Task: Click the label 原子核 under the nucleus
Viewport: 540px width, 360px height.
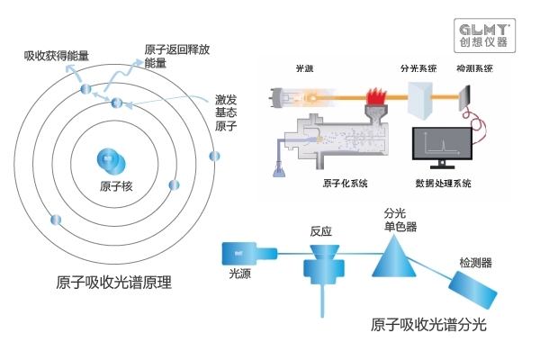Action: pos(117,187)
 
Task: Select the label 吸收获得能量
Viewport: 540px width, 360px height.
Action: pos(57,56)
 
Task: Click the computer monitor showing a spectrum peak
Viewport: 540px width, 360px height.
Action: pos(442,147)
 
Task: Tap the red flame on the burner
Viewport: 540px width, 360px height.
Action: pos(373,93)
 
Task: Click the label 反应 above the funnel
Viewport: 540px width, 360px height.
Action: pos(321,230)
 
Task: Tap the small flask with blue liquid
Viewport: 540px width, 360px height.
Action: pos(276,167)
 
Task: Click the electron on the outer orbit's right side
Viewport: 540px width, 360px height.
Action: pos(214,157)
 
